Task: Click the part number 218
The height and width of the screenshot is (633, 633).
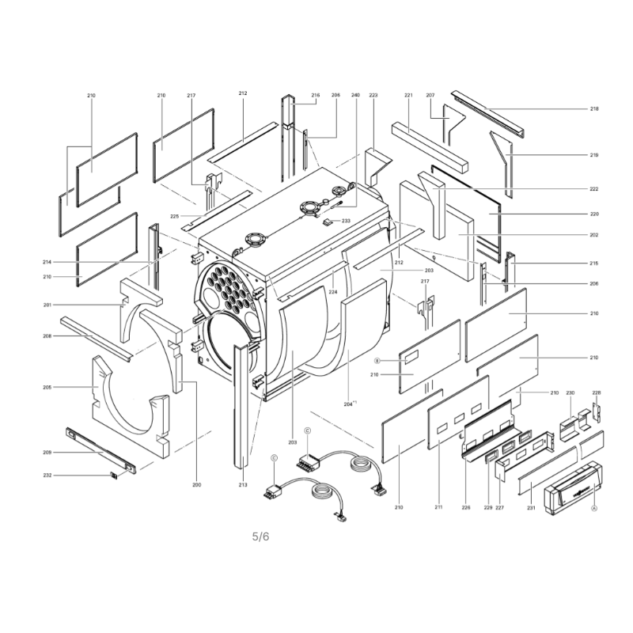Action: (x=594, y=108)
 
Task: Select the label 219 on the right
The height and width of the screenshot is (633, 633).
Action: (x=594, y=155)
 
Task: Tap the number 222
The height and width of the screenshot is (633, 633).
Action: (x=594, y=189)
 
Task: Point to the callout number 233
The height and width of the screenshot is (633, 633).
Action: (x=346, y=221)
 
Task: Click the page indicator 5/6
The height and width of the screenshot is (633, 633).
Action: (x=261, y=536)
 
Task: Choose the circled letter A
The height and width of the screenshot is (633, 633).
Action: (x=594, y=508)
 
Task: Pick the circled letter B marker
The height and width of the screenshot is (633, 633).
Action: (x=377, y=361)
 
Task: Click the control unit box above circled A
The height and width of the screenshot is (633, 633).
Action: (x=573, y=488)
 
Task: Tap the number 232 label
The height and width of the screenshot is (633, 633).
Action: (x=47, y=476)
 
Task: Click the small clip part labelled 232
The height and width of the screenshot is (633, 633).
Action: (x=114, y=476)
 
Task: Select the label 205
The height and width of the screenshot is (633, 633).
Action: (x=47, y=387)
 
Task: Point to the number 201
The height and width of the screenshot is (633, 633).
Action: (x=47, y=305)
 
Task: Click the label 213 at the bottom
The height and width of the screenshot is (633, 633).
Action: (x=243, y=484)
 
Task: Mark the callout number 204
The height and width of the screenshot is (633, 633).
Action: (x=348, y=404)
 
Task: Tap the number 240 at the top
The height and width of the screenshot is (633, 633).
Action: (x=355, y=95)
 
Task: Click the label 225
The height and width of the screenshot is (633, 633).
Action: (x=174, y=216)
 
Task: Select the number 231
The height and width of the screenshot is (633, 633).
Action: (x=531, y=507)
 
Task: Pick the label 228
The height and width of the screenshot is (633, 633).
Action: (x=597, y=392)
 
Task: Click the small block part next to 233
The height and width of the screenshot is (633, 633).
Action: (x=328, y=222)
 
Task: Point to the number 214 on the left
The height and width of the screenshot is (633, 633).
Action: (x=47, y=262)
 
